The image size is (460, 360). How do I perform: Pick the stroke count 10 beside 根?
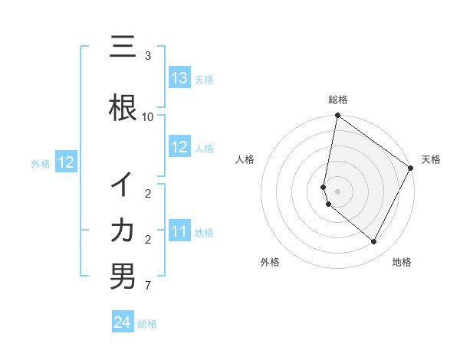click(x=148, y=116)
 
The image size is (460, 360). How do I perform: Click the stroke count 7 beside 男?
click(x=148, y=286)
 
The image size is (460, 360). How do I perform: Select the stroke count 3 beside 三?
click(x=148, y=56)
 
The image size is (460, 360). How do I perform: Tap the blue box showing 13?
click(x=179, y=78)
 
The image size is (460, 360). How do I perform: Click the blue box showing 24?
click(x=123, y=322)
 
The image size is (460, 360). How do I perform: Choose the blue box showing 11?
click(x=179, y=231)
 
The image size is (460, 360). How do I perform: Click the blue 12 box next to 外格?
click(x=65, y=162)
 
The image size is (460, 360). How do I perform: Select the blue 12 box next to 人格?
click(x=179, y=147)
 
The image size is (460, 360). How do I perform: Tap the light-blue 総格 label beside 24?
click(x=147, y=324)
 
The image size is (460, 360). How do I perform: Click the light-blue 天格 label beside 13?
click(x=204, y=79)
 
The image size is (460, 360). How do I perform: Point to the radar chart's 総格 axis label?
click(x=338, y=100)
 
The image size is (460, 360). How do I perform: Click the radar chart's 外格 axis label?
click(x=270, y=262)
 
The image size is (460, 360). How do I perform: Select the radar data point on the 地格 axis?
click(x=374, y=242)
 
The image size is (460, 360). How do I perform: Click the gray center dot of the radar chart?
click(x=338, y=191)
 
